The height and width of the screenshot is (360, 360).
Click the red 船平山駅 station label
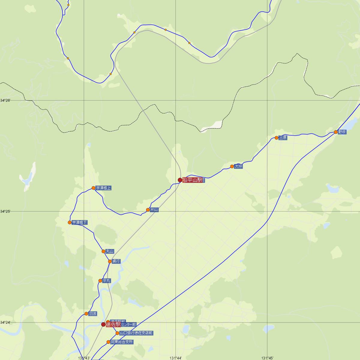tap(192, 180)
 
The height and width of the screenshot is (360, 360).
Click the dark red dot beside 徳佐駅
tap(103, 324)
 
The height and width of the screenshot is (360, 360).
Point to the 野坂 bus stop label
tap(342, 132)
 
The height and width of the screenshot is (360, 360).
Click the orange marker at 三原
tap(276, 138)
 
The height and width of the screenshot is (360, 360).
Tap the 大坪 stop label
tap(238, 166)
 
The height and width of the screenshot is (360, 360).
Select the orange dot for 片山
tap(148, 210)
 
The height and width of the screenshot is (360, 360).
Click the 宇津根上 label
tap(103, 188)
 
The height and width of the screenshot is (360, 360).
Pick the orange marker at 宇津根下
tap(70, 223)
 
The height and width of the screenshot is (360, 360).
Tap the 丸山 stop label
tap(110, 251)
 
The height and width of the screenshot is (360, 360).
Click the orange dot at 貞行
tap(110, 261)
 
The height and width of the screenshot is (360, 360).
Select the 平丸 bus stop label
tap(106, 281)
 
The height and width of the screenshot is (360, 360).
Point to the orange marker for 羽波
tap(86, 314)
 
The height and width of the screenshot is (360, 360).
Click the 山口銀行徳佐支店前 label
tap(136, 333)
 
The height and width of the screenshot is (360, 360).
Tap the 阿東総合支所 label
tap(122, 342)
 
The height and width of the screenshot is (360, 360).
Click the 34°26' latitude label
tap(5, 100)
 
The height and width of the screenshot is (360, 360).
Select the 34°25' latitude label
tap(5, 211)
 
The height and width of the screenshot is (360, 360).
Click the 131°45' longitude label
tap(267, 358)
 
